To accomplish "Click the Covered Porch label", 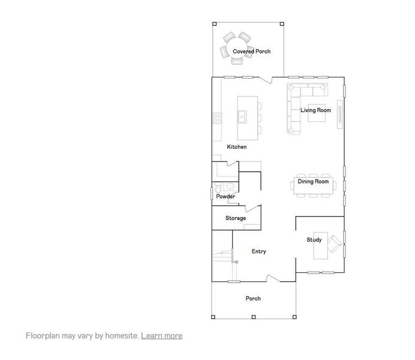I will [251, 52].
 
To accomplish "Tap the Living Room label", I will [315, 110].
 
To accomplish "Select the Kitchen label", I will [236, 147].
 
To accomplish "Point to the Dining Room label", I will [313, 181].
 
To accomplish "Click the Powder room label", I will [225, 197].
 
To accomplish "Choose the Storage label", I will [236, 218].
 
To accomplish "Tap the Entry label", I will [258, 251].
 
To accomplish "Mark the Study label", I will [314, 240].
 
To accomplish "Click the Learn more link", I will [161, 335].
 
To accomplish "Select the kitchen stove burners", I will [216, 118].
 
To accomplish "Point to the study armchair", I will [335, 243].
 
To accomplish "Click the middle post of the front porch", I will [254, 316].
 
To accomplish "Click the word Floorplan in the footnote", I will [43, 335].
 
